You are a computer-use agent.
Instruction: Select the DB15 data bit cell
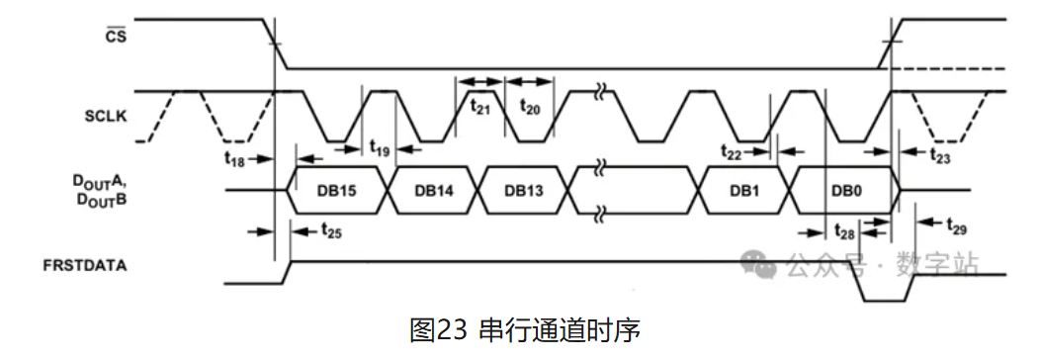coord(336,190)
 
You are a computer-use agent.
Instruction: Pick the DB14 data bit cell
coord(433,190)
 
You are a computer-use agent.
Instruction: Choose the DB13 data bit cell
coord(523,190)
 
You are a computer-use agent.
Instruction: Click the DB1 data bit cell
coord(742,190)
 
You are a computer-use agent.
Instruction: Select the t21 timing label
coord(480,106)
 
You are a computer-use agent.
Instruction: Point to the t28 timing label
coord(844,233)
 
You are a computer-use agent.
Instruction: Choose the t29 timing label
coord(956,228)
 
